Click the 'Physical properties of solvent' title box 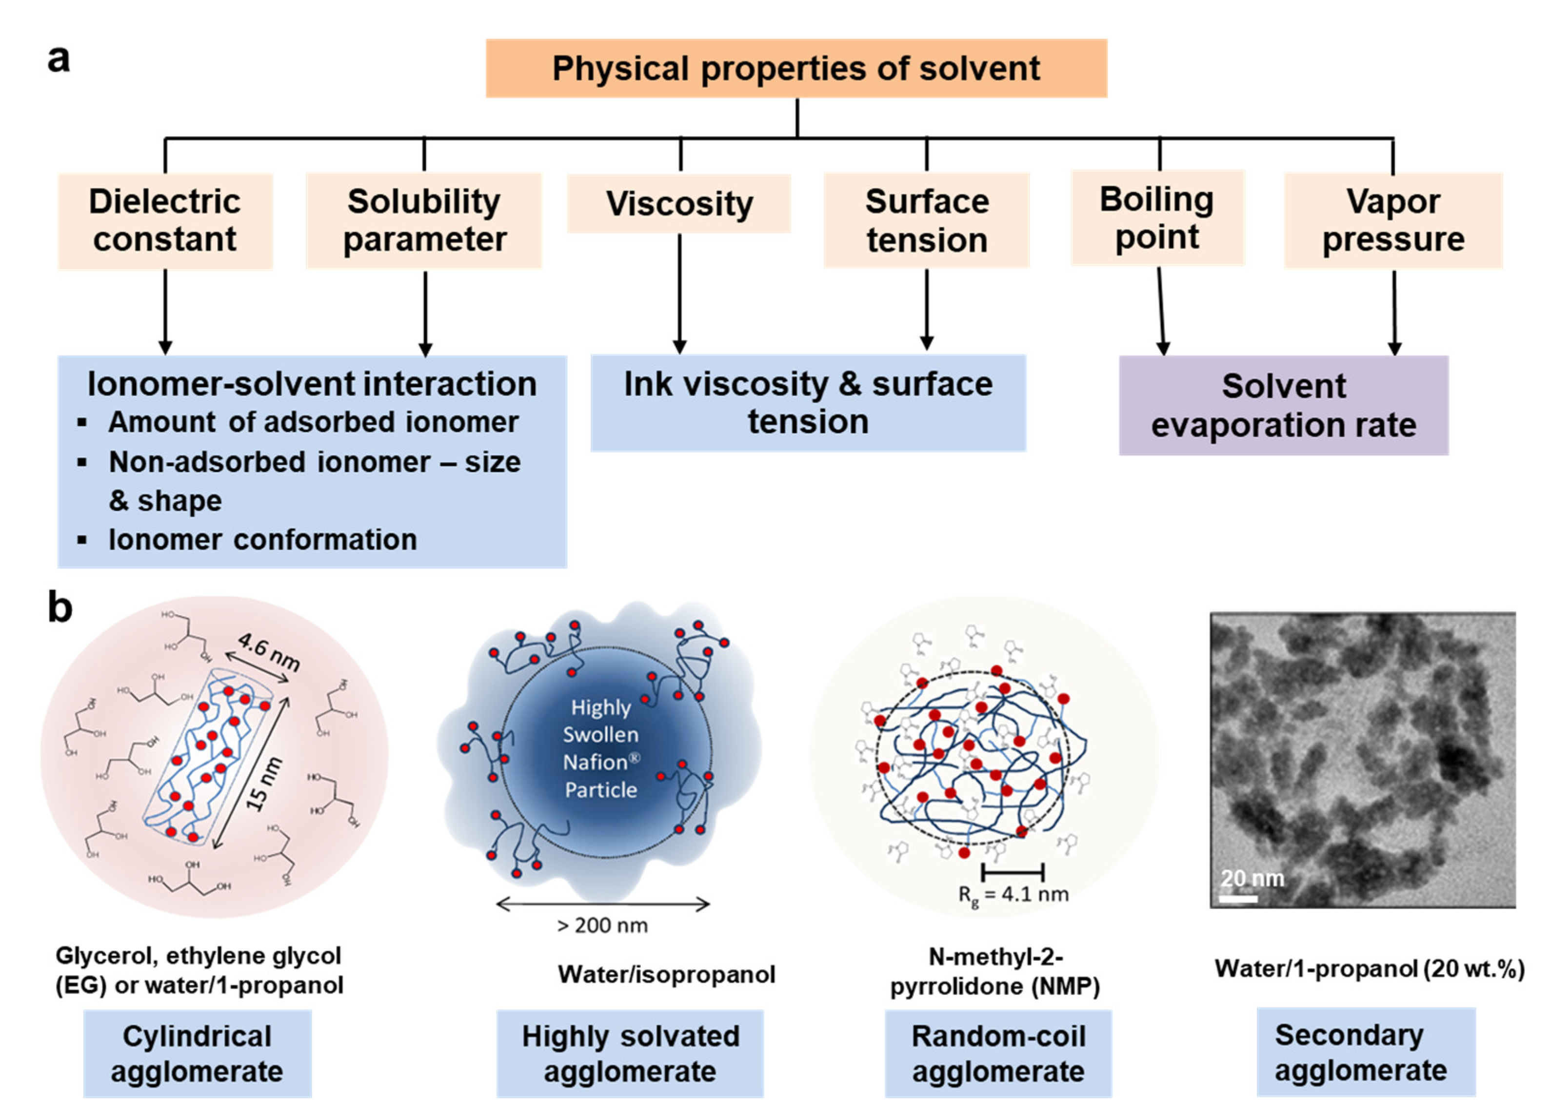[796, 68]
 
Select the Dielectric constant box [165, 220]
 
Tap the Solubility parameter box [424, 220]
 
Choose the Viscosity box [679, 204]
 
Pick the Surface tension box [927, 220]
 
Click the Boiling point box [1157, 217]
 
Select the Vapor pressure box [1393, 220]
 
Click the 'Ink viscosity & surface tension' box [808, 403]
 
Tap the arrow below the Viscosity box [680, 294]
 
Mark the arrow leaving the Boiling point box [1160, 311]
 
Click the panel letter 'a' [59, 59]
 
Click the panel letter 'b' [60, 606]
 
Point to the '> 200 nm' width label [602, 925]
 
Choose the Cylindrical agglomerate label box [197, 1054]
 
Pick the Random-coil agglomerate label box [998, 1054]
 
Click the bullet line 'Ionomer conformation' [262, 539]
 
